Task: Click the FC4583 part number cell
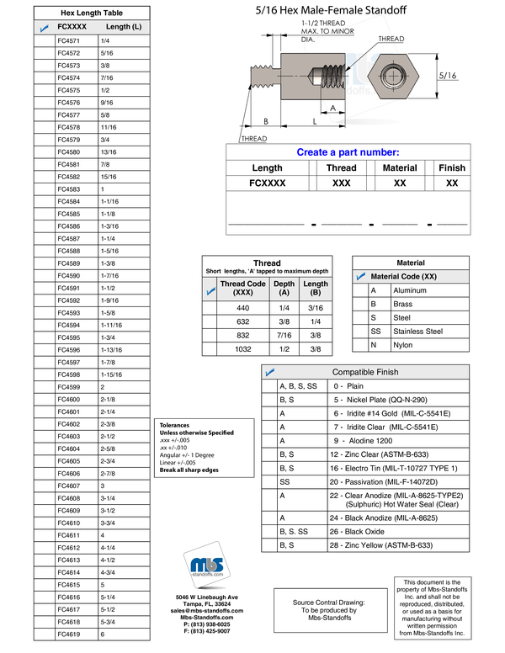pos(69,189)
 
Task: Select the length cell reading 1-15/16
pos(111,374)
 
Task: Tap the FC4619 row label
pos(69,634)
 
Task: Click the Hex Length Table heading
pos(92,13)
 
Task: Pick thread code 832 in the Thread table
pos(243,335)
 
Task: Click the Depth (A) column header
pos(284,288)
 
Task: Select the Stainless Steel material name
pos(418,332)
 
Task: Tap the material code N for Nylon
pos(374,345)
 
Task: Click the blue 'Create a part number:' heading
pos(348,152)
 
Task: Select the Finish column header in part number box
pos(452,167)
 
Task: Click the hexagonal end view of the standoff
pos(393,77)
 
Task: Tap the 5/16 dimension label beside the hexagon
pos(448,76)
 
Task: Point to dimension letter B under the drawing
pos(266,121)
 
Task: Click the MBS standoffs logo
pos(207,565)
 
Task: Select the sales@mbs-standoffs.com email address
pos(207,611)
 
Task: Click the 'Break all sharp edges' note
pos(189,470)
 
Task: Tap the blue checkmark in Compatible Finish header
pos(270,371)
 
